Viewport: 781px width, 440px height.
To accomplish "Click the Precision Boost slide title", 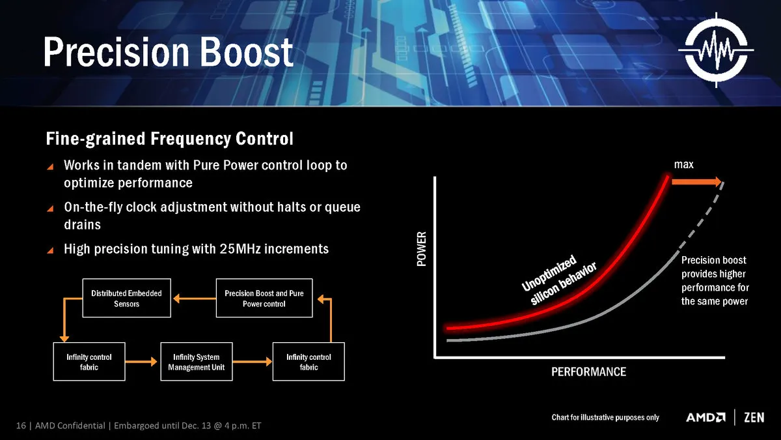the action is pos(169,51).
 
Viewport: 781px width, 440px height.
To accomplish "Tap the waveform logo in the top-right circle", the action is pos(716,50).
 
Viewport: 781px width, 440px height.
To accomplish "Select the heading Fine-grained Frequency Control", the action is pos(169,139).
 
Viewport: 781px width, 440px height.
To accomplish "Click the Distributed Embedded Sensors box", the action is pos(126,298).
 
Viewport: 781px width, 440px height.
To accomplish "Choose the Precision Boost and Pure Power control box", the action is pos(264,298).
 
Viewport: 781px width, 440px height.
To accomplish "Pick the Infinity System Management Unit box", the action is pos(197,361).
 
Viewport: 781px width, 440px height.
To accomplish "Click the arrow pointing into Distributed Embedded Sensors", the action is pos(194,299).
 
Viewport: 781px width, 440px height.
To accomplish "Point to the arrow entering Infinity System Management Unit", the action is pos(141,361).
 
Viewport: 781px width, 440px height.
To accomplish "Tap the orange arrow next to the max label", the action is pos(696,182).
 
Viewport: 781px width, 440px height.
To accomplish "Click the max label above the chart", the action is pos(684,164).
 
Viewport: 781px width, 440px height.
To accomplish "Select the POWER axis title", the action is pos(422,248).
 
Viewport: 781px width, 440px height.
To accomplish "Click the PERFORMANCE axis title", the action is pos(588,372).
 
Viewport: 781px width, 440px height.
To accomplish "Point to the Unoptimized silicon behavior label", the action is pos(559,280).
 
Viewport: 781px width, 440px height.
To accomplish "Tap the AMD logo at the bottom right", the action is pos(706,417).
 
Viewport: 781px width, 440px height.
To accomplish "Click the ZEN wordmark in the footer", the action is pos(754,417).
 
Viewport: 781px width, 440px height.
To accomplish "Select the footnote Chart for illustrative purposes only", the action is pos(605,417).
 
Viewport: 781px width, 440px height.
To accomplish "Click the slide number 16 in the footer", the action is pos(21,426).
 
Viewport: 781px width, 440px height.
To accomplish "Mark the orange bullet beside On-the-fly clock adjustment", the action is pos(50,209).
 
